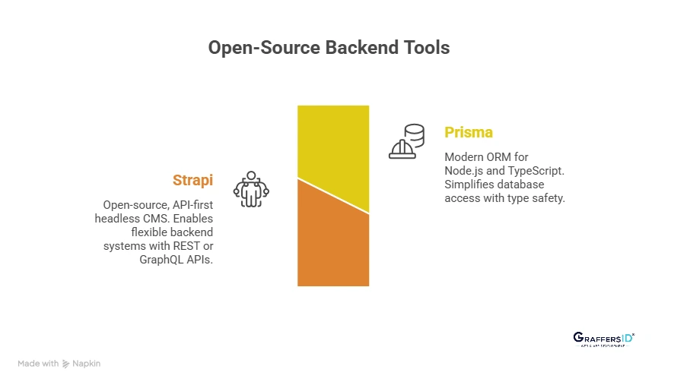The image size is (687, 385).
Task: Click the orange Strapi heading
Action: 192,180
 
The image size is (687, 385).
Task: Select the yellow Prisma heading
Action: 469,132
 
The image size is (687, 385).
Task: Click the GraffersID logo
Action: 603,339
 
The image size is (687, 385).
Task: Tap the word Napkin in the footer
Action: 87,364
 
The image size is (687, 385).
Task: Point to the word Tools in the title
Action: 425,47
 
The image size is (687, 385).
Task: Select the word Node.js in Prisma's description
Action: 463,171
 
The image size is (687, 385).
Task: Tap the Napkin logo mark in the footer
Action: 66,364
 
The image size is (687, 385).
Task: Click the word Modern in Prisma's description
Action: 464,157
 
